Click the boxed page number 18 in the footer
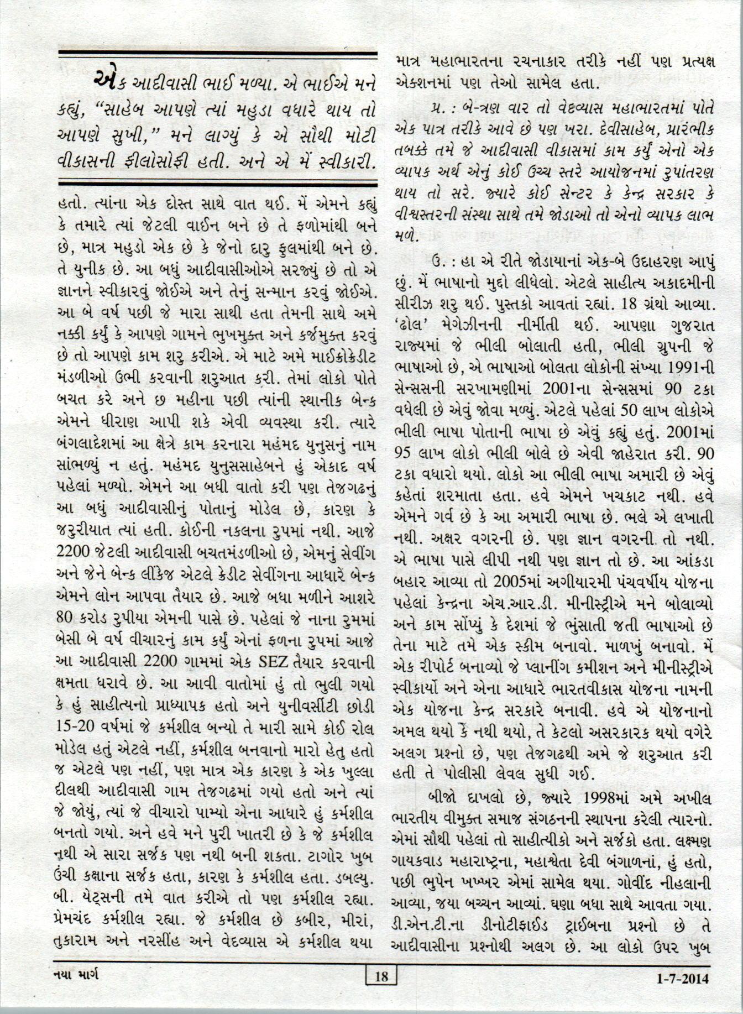pyautogui.click(x=381, y=977)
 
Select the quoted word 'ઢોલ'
pyautogui.click(x=412, y=327)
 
